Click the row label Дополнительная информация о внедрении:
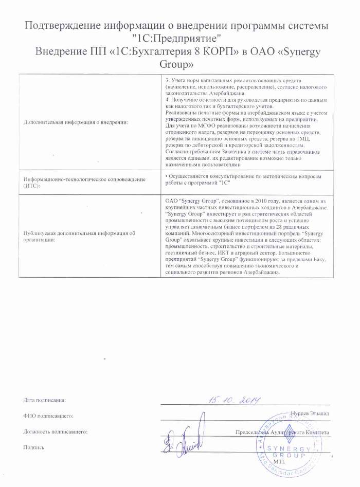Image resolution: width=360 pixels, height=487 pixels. coord(76,121)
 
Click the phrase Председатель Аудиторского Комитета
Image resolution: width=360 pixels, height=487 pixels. coord(283,432)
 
